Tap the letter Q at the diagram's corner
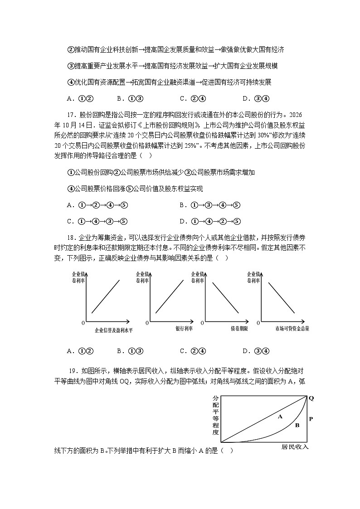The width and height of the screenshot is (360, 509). point(311,398)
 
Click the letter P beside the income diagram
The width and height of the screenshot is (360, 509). point(311,419)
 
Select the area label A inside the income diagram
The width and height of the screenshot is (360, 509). point(280,416)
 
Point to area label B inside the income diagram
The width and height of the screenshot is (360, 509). point(297,425)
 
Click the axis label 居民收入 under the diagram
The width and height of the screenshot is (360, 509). point(295,446)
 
